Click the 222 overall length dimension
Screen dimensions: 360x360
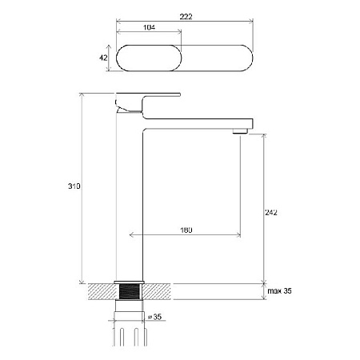[186, 17]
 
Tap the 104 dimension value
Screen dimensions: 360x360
[149, 27]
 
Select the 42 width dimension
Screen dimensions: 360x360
[103, 58]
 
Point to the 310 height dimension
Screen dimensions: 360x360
[74, 186]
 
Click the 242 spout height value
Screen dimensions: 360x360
[271, 212]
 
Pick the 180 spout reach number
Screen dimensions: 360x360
[186, 230]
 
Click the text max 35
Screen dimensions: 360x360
[279, 290]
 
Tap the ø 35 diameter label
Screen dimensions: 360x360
[154, 317]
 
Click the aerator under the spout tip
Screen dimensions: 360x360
[240, 131]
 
